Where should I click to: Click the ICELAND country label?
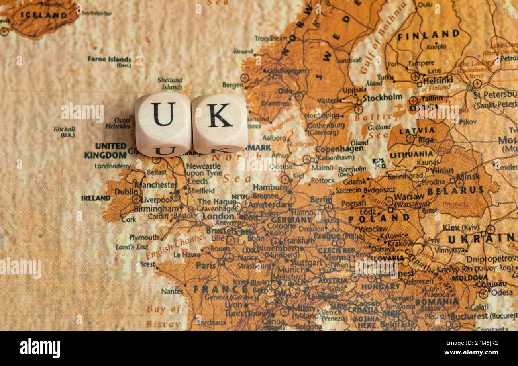tap(44, 15)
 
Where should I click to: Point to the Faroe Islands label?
tap(110, 59)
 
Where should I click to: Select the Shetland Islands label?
tap(170, 83)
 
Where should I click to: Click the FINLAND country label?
tap(428, 35)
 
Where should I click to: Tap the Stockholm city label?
tap(382, 98)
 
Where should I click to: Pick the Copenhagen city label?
tap(339, 149)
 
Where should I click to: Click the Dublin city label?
tap(126, 192)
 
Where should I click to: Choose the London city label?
tap(218, 216)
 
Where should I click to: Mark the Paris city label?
tap(206, 265)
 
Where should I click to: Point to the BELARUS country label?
tap(455, 191)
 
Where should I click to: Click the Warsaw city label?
tap(409, 196)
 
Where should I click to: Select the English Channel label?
tap(175, 246)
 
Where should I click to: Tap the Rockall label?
tap(64, 129)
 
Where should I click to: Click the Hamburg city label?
tap(270, 187)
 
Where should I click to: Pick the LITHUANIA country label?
tap(411, 154)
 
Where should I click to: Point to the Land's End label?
tap(131, 247)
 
